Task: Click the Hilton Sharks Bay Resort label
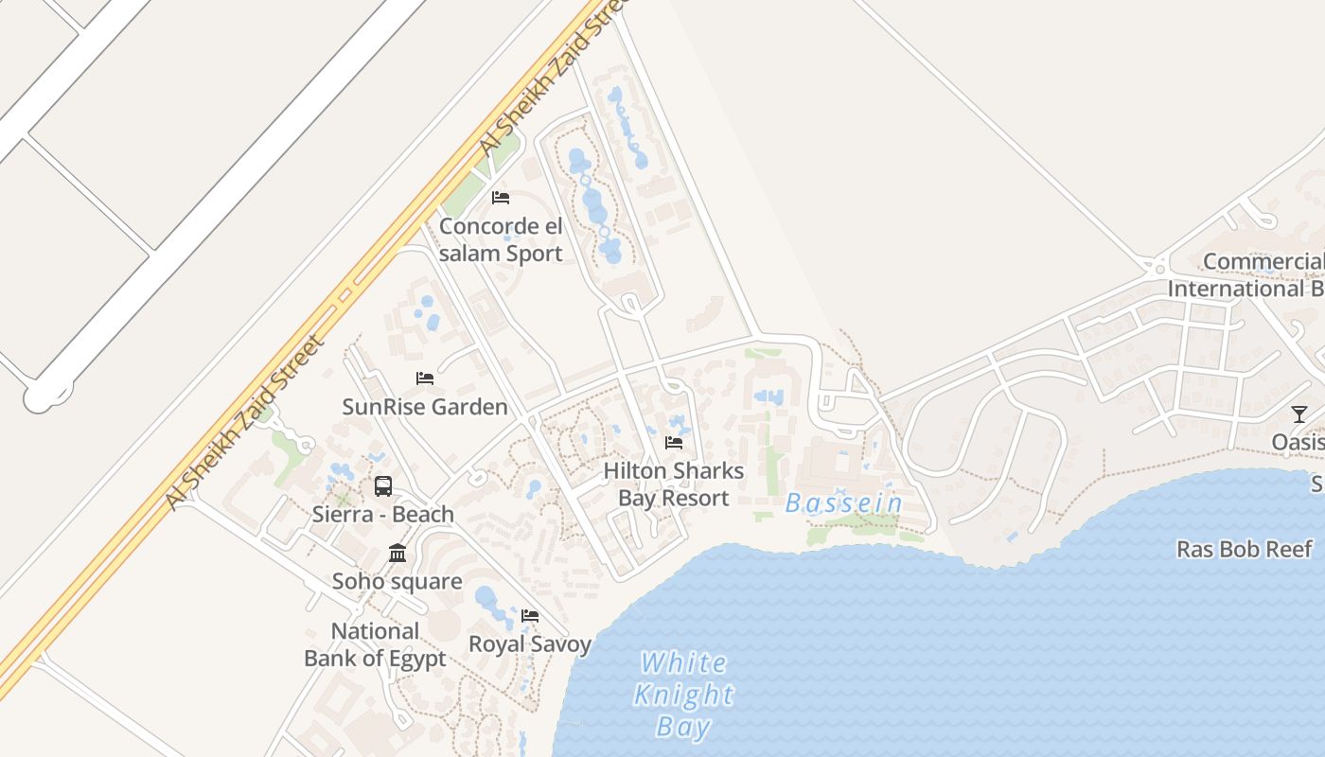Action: [x=673, y=484]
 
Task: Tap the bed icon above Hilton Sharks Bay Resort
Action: [x=674, y=442]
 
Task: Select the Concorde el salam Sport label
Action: [x=501, y=239]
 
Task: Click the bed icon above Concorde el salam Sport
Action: [x=501, y=198]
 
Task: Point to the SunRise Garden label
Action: [x=425, y=407]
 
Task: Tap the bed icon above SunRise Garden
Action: [x=425, y=378]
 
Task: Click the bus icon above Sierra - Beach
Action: [x=383, y=486]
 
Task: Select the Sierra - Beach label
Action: [x=383, y=515]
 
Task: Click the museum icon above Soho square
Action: [x=397, y=553]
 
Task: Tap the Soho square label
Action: [x=397, y=581]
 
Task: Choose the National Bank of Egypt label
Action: [x=375, y=644]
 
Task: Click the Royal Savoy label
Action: [x=530, y=644]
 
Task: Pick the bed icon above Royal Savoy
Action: [x=530, y=616]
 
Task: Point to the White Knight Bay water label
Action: [x=683, y=694]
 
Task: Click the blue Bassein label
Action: [x=844, y=503]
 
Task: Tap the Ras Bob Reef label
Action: [x=1245, y=549]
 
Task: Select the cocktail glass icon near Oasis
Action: [x=1299, y=414]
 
